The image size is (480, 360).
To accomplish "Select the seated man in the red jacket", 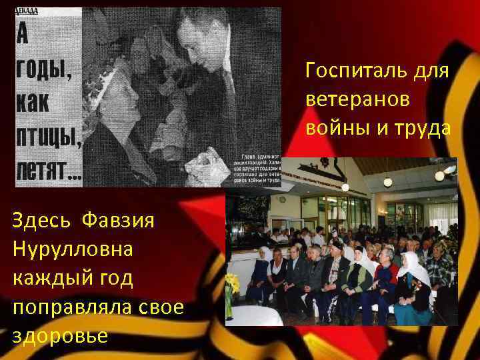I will [385, 279].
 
